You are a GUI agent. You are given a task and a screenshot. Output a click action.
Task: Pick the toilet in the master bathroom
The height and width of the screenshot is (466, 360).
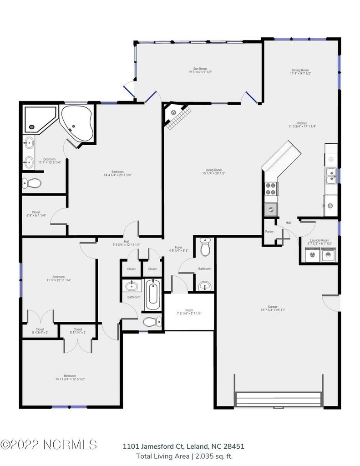[32, 183]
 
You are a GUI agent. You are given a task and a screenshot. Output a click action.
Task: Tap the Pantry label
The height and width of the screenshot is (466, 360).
[269, 231]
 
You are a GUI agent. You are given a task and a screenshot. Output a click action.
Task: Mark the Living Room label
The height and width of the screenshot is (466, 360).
[213, 172]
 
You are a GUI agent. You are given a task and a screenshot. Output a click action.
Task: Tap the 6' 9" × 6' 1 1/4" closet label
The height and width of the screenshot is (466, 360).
[36, 213]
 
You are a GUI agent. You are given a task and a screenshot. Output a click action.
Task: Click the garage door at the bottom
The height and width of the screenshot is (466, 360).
[279, 399]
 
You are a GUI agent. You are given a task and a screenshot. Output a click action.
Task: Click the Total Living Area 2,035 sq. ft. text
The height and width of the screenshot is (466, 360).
[184, 456]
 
